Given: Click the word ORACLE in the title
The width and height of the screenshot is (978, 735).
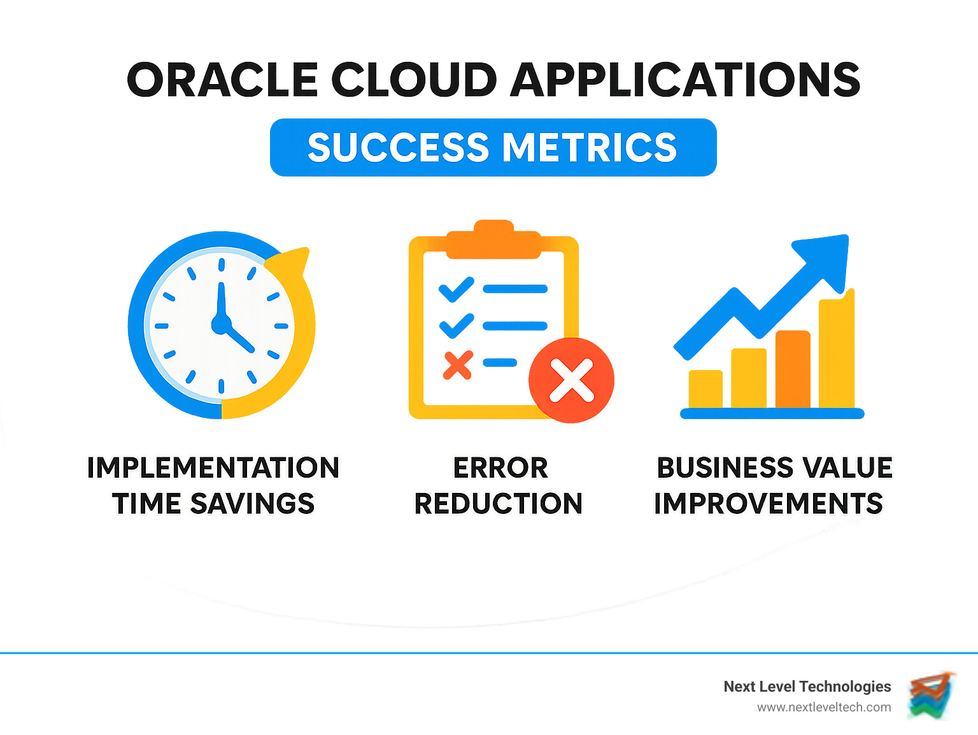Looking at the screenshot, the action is point(222,80).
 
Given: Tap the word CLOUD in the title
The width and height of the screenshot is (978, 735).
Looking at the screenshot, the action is point(415,80).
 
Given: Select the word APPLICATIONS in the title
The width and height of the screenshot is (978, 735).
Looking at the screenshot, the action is point(686,80).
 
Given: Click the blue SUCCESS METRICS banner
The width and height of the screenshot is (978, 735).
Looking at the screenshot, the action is point(493,148).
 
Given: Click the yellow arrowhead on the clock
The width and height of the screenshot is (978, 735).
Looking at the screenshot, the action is point(290,263).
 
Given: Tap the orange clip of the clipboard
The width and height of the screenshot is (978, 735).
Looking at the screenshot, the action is point(493,241).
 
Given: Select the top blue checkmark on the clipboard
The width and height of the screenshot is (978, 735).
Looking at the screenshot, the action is point(457,290).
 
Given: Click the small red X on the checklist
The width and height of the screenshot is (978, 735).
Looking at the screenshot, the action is point(458,365).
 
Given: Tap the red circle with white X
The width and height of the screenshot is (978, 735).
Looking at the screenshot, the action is point(572,380).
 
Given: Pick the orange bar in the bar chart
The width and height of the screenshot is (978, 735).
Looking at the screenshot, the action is point(793,369).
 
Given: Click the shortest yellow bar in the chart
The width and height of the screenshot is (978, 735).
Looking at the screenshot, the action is point(705,389).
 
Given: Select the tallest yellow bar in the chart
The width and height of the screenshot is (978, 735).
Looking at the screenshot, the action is point(837,350).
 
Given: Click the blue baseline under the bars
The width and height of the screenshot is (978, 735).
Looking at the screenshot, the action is point(772,413).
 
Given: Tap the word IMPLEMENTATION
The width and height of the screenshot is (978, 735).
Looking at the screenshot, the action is point(213,468).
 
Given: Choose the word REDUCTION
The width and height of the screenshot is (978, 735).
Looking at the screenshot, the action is point(499,504).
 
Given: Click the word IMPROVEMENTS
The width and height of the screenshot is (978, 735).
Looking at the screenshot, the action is point(769,504).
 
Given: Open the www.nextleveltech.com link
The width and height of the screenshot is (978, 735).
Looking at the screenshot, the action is point(824,708).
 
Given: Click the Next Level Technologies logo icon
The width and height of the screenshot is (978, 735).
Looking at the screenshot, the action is point(932,696).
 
